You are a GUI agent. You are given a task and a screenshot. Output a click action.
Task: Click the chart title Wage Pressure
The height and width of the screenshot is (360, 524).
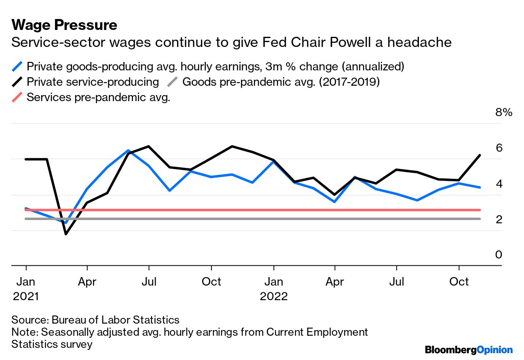[x=64, y=25]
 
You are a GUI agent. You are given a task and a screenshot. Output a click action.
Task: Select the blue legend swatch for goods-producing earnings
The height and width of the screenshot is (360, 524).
[x=18, y=66]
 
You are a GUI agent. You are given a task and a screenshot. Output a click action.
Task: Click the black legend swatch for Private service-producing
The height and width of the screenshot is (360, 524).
[x=18, y=82]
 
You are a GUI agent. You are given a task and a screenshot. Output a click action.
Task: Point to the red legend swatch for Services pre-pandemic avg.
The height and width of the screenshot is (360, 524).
[x=18, y=97]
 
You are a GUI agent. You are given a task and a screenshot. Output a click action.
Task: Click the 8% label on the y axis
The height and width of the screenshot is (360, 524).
[x=503, y=112]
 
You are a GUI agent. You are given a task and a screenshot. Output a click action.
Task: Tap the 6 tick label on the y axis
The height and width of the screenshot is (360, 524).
[x=499, y=148]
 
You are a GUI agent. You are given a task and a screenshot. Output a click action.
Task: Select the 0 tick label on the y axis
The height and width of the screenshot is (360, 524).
[x=499, y=254]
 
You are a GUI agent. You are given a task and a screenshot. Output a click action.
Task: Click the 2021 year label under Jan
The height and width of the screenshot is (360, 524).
[x=26, y=296]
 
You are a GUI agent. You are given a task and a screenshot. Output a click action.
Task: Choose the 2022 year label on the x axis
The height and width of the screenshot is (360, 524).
[x=274, y=296]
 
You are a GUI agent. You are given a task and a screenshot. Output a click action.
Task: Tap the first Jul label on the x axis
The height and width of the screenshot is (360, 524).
[x=149, y=281]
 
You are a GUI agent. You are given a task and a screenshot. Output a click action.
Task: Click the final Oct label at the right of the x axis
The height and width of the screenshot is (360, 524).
[x=459, y=281]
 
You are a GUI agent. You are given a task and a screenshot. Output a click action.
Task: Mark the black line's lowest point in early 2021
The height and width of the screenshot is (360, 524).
[x=65, y=234]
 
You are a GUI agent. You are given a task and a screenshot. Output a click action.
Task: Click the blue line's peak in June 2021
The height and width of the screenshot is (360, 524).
[x=128, y=150]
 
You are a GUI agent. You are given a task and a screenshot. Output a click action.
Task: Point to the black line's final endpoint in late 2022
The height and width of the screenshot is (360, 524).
[x=480, y=155]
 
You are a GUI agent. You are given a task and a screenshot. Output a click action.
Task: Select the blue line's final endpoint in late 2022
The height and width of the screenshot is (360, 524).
[x=480, y=187]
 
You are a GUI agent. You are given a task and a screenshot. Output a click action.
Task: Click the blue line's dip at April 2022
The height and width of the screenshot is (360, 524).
[x=335, y=201]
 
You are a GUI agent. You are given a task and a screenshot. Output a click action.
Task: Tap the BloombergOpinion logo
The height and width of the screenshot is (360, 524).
[x=469, y=350]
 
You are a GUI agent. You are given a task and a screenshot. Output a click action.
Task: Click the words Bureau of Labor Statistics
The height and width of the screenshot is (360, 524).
[x=115, y=320]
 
